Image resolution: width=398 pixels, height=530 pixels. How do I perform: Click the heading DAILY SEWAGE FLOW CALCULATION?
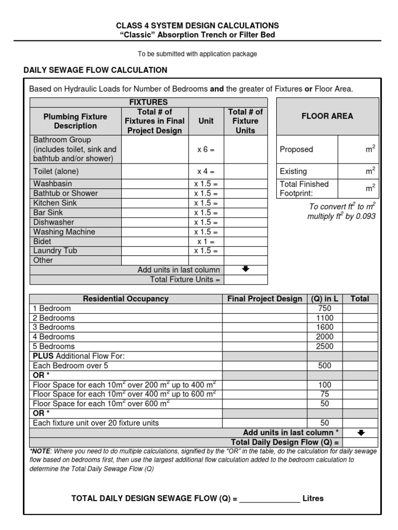pos(95,70)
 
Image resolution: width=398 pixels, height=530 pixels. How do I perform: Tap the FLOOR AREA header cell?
pos(327,116)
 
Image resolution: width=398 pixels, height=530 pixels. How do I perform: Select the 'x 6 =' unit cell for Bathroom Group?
pos(206,150)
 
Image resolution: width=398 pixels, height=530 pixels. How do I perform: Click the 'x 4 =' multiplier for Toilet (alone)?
pos(206,171)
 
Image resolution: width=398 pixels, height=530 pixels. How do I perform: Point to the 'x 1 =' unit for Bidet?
pos(206,241)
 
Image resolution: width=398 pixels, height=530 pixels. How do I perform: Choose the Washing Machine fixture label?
pos(64,232)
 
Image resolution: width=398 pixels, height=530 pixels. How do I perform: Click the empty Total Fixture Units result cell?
pos(246,279)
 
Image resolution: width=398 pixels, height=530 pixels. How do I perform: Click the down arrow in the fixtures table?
pos(246,269)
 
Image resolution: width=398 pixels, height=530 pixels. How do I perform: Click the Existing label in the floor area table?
pos(293,171)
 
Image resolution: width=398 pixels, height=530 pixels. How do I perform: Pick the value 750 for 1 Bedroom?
pos(324,308)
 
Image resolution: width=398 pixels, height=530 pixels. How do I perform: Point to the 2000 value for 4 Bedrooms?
pos(324,337)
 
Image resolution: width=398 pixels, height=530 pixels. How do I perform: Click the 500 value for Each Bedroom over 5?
pos(324,365)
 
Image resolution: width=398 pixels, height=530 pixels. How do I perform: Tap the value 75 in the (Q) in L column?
pos(324,394)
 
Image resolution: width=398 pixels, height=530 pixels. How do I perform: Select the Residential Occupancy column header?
pos(126,299)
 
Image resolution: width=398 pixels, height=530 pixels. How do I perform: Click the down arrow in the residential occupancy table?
pos(361,433)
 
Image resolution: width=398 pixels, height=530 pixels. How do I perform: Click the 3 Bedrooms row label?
pos(53,327)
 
